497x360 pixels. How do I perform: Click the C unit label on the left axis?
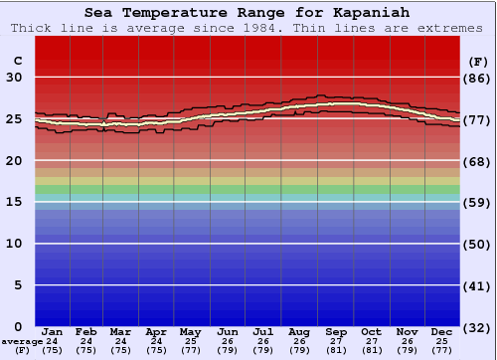(x=17, y=61)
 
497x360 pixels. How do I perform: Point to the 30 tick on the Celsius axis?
(x=15, y=78)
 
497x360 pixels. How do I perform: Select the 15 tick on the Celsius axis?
(x=15, y=202)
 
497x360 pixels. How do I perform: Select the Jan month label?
(x=53, y=332)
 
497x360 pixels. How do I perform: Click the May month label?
(x=190, y=332)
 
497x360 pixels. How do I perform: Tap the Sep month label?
(x=336, y=332)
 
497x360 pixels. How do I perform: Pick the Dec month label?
(x=442, y=332)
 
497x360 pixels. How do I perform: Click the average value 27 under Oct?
(x=371, y=341)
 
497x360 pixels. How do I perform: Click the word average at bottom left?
(x=22, y=341)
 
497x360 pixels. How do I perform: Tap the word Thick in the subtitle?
(x=31, y=28)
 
